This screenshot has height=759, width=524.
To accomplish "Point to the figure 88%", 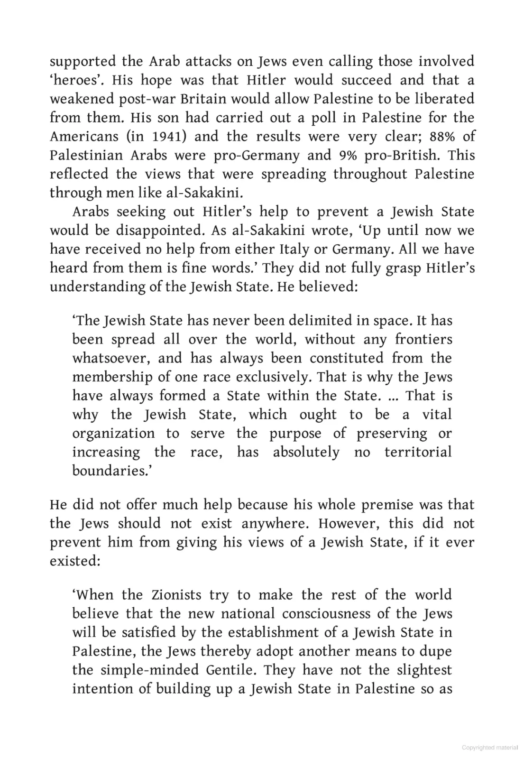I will (x=443, y=136).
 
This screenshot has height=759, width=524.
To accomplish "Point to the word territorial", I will (x=418, y=452).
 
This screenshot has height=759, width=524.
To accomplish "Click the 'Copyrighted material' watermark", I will (x=490, y=748).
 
